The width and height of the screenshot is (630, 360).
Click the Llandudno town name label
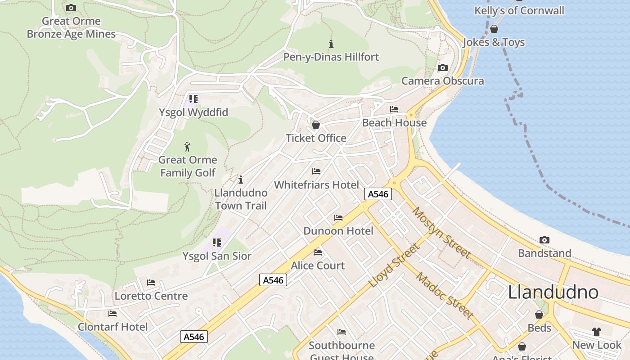pyautogui.click(x=553, y=292)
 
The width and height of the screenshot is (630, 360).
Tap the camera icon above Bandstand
pyautogui.click(x=544, y=240)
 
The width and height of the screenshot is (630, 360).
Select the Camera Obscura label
pyautogui.click(x=442, y=81)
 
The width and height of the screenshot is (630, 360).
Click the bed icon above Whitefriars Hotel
pyautogui.click(x=316, y=171)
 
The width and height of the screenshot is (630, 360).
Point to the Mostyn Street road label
pyautogui.click(x=441, y=233)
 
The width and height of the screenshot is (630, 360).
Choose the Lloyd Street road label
pyautogui.click(x=394, y=265)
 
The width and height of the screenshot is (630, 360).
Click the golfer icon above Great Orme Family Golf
pyautogui.click(x=188, y=146)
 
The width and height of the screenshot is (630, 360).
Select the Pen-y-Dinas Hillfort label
pyautogui.click(x=331, y=57)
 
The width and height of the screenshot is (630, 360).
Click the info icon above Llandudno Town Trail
pyautogui.click(x=241, y=180)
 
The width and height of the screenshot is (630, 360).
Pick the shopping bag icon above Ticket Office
pyautogui.click(x=316, y=125)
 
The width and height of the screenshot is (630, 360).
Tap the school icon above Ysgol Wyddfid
pyautogui.click(x=193, y=99)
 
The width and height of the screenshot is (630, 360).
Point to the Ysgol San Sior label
pyautogui.click(x=217, y=256)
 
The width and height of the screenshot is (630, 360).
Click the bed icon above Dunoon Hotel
pyautogui.click(x=338, y=218)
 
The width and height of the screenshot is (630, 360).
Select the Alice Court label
pyautogui.click(x=318, y=265)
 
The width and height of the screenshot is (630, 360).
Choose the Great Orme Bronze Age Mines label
pyautogui.click(x=71, y=27)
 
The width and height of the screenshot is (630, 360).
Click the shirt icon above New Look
pyautogui.click(x=596, y=332)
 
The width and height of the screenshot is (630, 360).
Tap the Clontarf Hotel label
pyautogui.click(x=112, y=327)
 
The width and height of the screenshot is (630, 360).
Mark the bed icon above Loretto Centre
pyautogui.click(x=151, y=283)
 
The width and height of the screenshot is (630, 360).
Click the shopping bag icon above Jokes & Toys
pyautogui.click(x=494, y=29)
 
